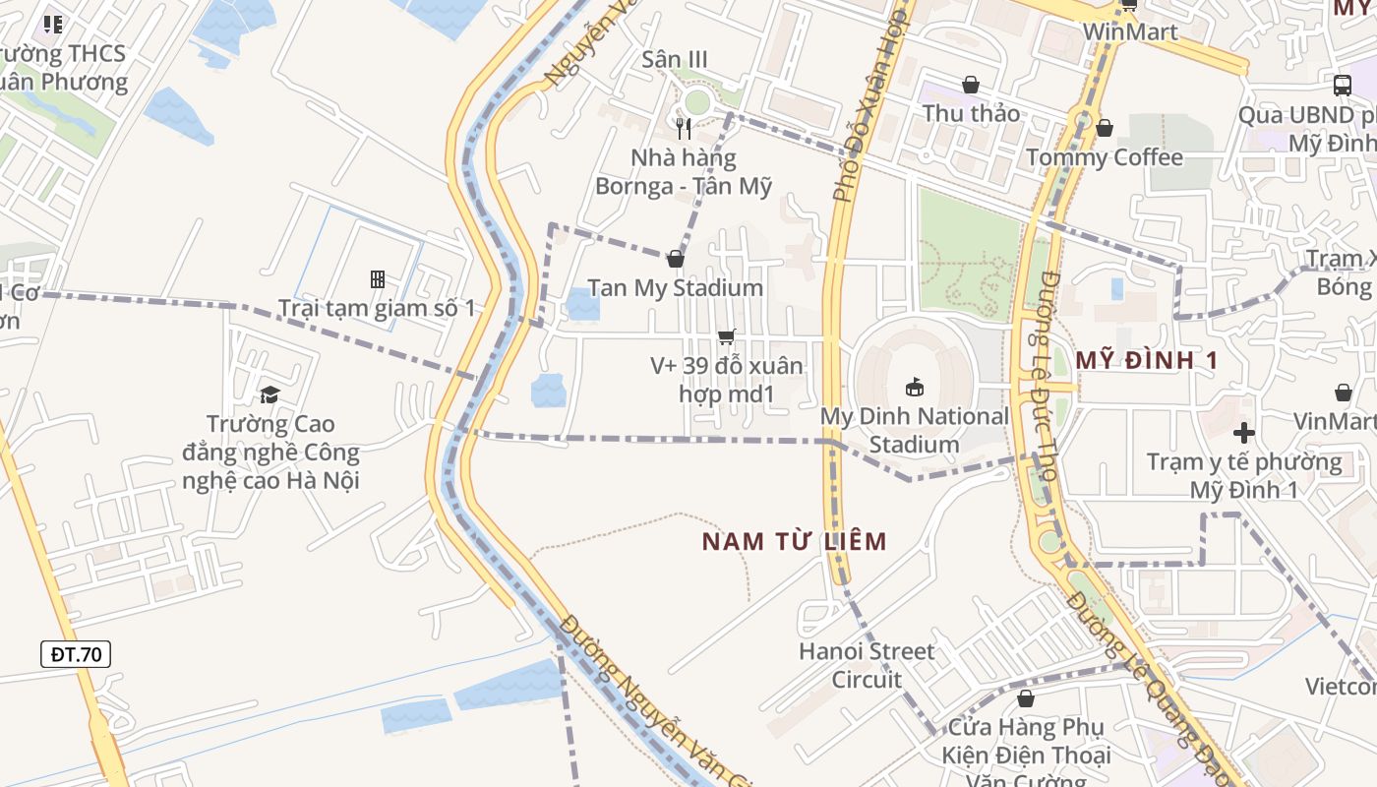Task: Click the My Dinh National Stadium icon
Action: pyautogui.click(x=914, y=387)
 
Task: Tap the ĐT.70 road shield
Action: pyautogui.click(x=76, y=654)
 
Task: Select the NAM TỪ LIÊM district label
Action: pyautogui.click(x=795, y=541)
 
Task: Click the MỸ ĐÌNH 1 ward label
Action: pyautogui.click(x=1146, y=360)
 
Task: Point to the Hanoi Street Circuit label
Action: pyautogui.click(x=867, y=665)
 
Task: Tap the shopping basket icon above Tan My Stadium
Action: pyautogui.click(x=676, y=259)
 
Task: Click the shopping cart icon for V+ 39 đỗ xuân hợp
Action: pyautogui.click(x=727, y=337)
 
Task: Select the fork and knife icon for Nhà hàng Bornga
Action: pyautogui.click(x=684, y=128)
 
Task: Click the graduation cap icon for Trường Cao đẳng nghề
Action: pyautogui.click(x=269, y=394)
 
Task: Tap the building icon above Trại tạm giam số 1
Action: pyautogui.click(x=377, y=279)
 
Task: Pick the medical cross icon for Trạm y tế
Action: pyautogui.click(x=1244, y=432)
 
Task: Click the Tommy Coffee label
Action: pyautogui.click(x=1105, y=157)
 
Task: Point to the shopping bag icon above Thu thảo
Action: pyautogui.click(x=971, y=85)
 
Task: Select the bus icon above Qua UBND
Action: pyautogui.click(x=1343, y=85)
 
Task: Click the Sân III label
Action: pyautogui.click(x=675, y=59)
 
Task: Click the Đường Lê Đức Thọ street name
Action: pyautogui.click(x=1039, y=374)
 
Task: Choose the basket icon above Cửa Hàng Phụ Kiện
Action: pyautogui.click(x=1026, y=698)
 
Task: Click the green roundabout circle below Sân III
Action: pyautogui.click(x=696, y=101)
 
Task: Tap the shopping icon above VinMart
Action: pyautogui.click(x=1344, y=393)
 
